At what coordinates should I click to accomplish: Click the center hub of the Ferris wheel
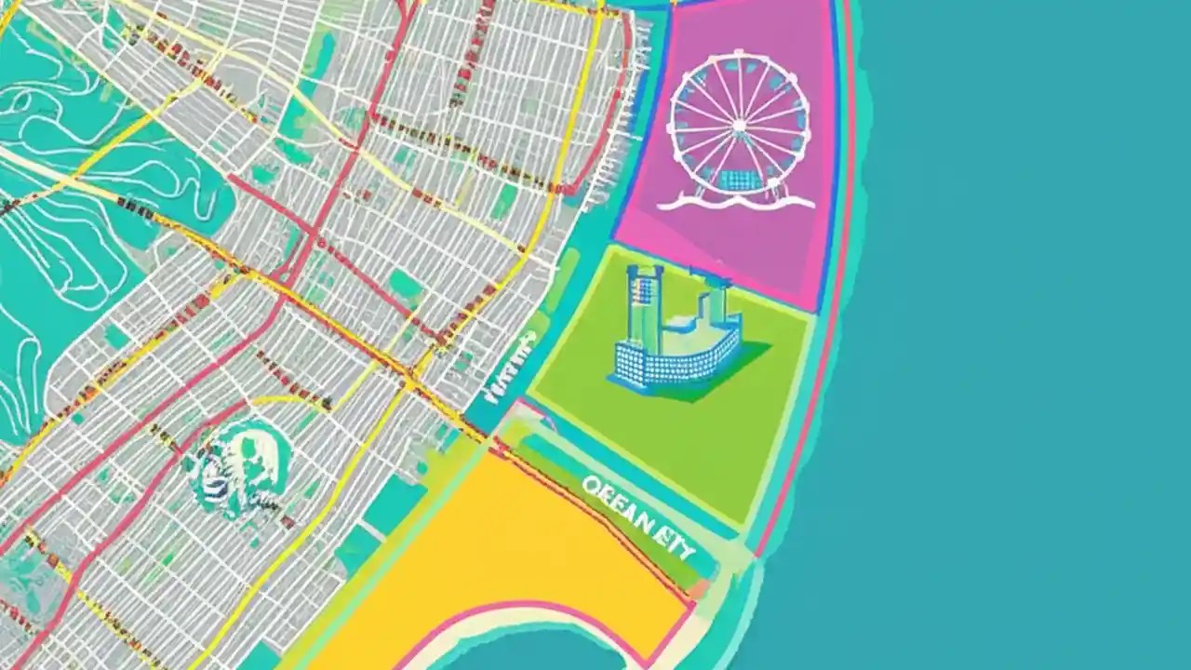pyautogui.click(x=739, y=123)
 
